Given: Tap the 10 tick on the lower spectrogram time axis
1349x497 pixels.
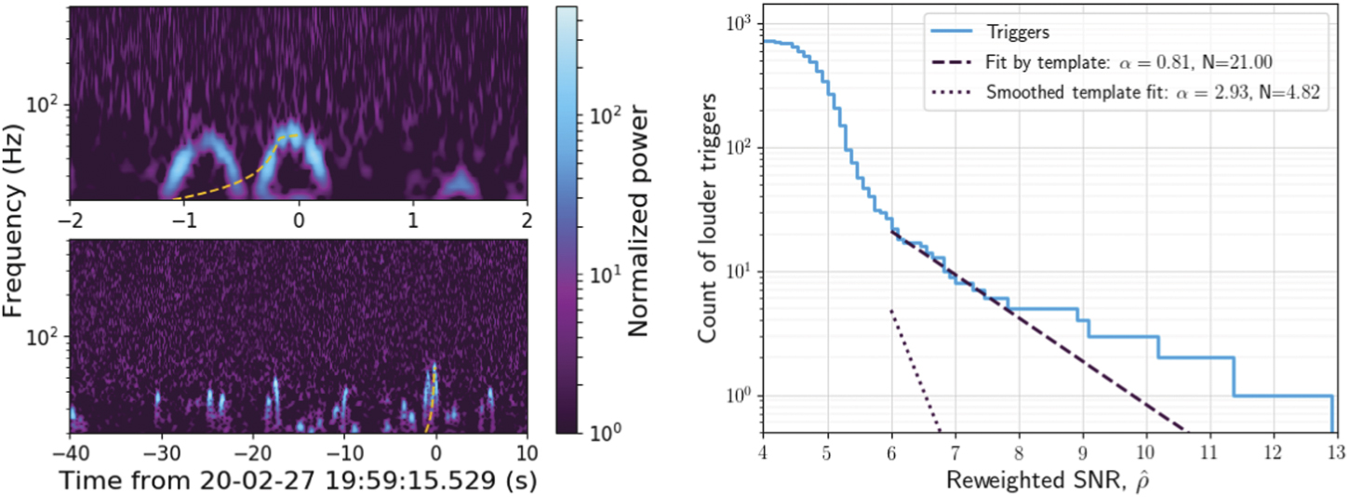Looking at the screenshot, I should click(x=527, y=451).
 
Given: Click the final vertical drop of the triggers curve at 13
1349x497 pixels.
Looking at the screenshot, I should click(x=1332, y=414).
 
